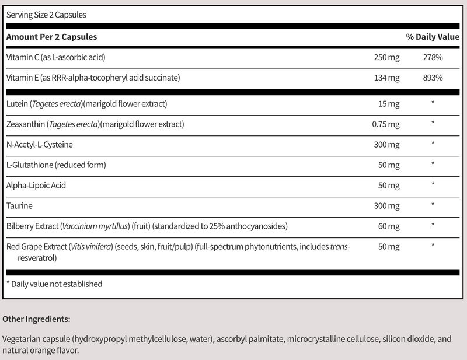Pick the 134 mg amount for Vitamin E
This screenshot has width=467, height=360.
[x=386, y=77]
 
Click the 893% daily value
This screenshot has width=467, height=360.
[x=433, y=77]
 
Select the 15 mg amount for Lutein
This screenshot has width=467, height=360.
[x=389, y=104]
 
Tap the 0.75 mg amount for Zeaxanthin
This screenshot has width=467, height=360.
[x=385, y=124]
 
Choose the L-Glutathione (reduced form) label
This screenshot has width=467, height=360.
[x=55, y=165]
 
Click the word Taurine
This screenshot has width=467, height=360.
[x=19, y=205]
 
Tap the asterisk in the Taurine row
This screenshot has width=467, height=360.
[x=433, y=205]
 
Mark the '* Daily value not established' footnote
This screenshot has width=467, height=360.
[x=54, y=284]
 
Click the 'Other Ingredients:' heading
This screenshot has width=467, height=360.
[x=36, y=319]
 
